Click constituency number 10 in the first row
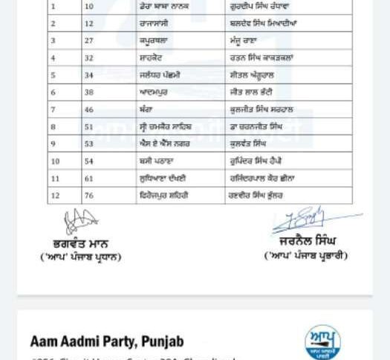click(88, 7)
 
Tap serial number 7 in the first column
click(53, 110)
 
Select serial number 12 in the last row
click(55, 195)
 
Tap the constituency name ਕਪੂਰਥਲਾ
click(154, 41)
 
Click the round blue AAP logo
click(322, 344)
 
